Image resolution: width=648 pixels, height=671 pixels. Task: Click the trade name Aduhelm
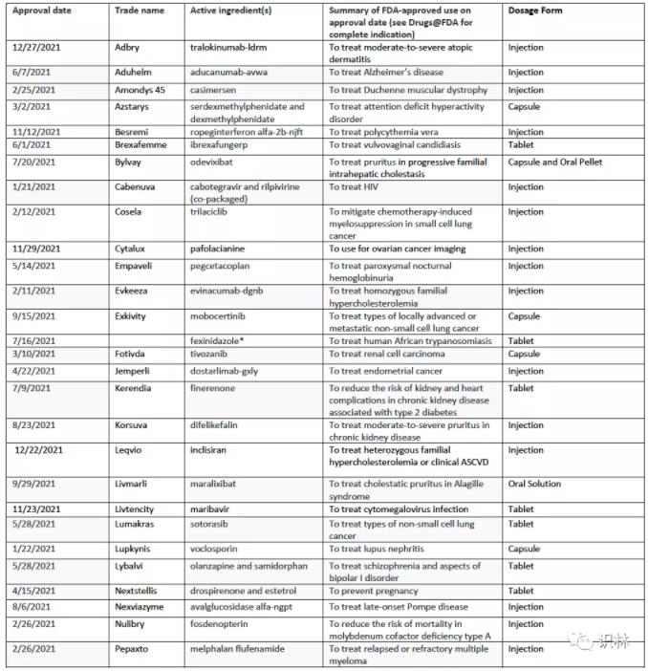(x=134, y=73)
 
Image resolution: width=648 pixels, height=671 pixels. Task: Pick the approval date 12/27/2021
(x=37, y=46)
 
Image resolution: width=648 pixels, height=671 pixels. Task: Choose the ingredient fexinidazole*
(x=227, y=340)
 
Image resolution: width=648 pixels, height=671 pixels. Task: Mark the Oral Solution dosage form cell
(x=534, y=484)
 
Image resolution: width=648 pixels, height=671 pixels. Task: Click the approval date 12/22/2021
(x=39, y=450)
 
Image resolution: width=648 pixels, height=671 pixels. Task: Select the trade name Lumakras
(x=137, y=524)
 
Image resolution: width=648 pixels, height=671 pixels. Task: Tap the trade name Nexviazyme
(x=142, y=607)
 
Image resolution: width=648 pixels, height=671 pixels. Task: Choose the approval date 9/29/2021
(x=35, y=484)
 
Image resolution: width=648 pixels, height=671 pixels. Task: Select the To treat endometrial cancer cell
(x=386, y=371)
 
